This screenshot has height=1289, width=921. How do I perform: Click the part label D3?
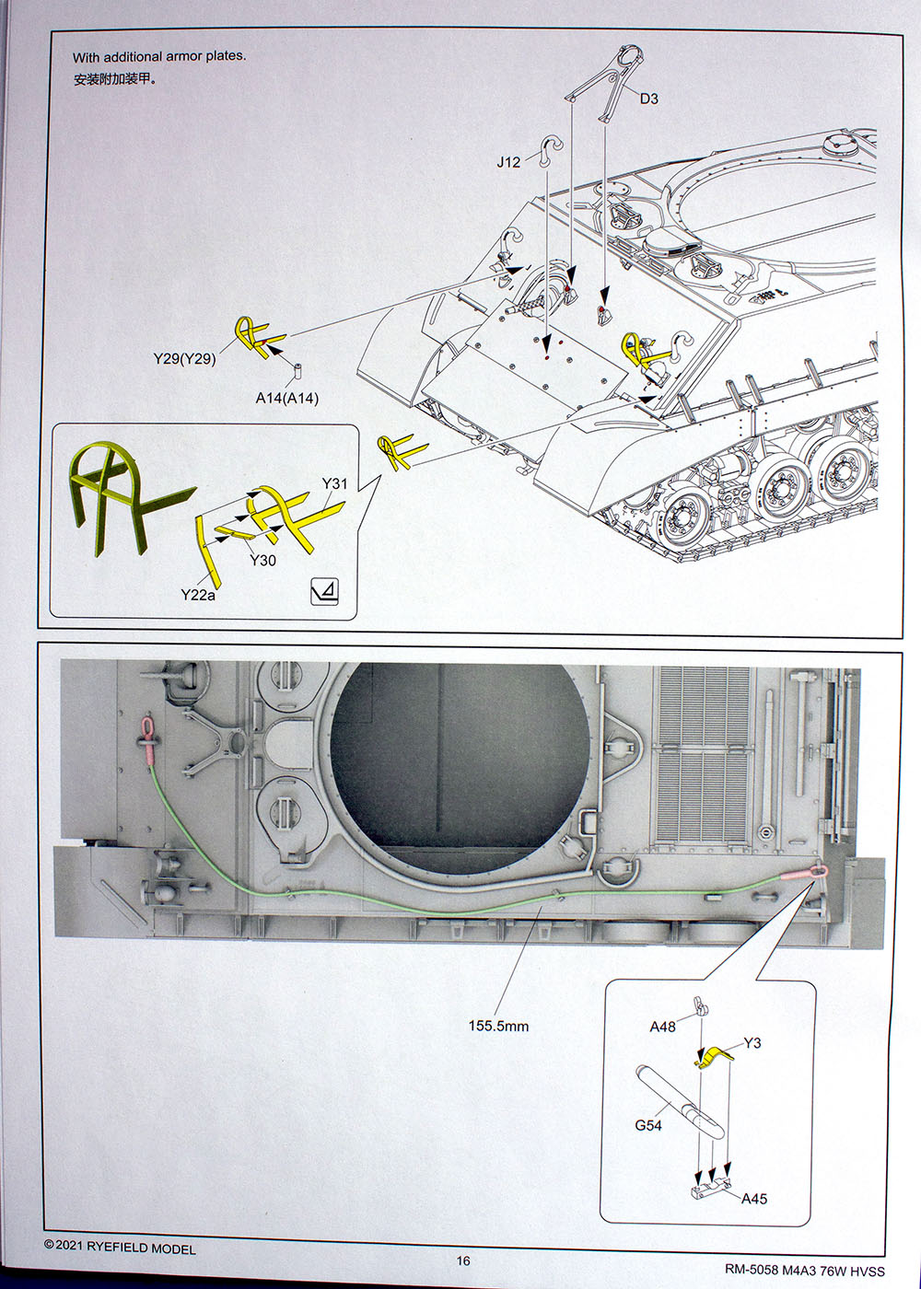649,99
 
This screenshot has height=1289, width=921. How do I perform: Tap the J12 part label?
508,162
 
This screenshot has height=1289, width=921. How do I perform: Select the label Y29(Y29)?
184,358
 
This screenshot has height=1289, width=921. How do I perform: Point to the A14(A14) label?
286,399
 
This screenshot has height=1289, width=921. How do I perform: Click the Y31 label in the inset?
334,483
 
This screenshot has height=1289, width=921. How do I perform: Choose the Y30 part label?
262,560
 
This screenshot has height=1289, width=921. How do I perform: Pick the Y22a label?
198,595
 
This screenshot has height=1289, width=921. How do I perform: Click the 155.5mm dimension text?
498,1026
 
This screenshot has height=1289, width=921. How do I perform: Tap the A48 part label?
662,1027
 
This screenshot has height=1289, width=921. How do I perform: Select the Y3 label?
752,1043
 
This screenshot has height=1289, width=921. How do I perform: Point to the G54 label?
647,1125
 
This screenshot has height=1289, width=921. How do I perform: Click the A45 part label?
753,1199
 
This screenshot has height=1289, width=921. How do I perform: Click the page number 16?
462,1260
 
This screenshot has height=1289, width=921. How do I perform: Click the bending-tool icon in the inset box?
325,592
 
